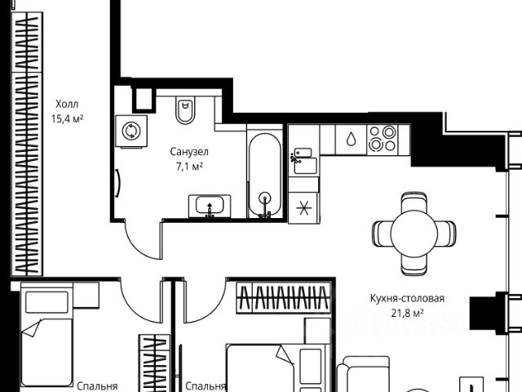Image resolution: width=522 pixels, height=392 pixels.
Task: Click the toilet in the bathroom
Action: click(186, 110)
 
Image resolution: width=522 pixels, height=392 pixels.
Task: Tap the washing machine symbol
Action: click(130, 131)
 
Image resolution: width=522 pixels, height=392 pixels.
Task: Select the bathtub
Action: click(263, 176)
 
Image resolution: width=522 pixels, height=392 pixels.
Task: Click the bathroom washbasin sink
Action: click(211, 207)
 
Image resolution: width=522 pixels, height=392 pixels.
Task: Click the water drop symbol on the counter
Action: click(350, 139)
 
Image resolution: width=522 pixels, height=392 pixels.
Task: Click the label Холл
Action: click(68, 105)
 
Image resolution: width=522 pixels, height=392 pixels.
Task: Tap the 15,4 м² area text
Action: click(68, 119)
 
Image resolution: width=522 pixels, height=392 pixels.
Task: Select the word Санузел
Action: click(189, 152)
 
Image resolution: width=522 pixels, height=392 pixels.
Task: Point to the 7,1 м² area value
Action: click(189, 167)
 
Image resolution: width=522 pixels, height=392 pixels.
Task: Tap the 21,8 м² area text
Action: click(405, 313)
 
